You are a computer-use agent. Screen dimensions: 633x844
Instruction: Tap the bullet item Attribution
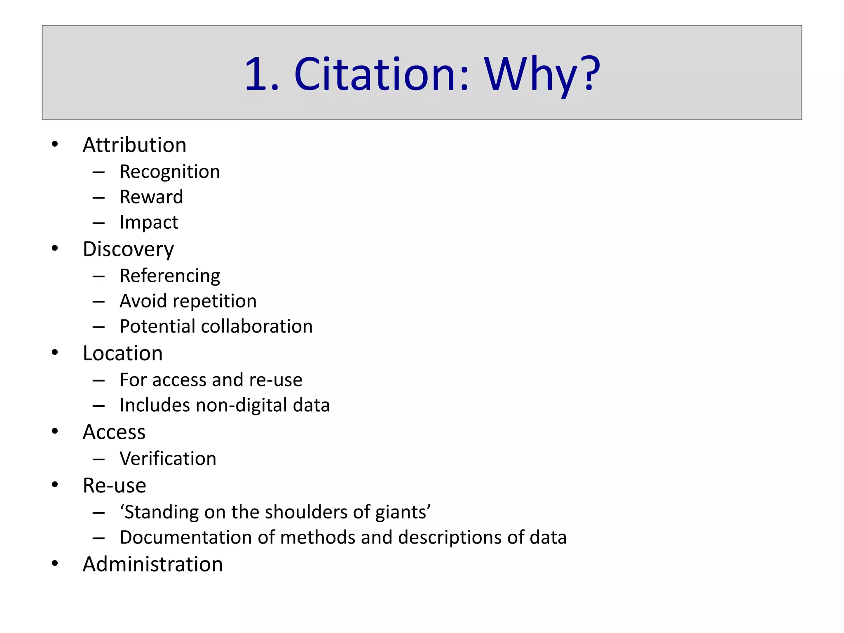(x=134, y=145)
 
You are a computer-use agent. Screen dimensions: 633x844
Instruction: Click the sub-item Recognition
(x=170, y=172)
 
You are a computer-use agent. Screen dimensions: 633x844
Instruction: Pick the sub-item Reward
(x=151, y=197)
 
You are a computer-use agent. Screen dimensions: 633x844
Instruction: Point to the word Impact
(x=149, y=223)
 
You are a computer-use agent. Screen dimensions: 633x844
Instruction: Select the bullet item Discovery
(x=128, y=249)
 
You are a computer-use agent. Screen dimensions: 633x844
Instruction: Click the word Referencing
(x=170, y=276)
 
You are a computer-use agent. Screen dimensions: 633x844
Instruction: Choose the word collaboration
(x=257, y=326)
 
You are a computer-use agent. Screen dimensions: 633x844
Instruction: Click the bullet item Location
(x=123, y=353)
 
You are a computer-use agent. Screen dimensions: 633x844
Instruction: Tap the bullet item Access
(x=114, y=432)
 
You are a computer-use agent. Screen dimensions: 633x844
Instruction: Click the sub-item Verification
(x=168, y=459)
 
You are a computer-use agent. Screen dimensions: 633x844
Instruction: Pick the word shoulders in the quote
(x=308, y=512)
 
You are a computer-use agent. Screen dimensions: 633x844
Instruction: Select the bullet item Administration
(x=152, y=564)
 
